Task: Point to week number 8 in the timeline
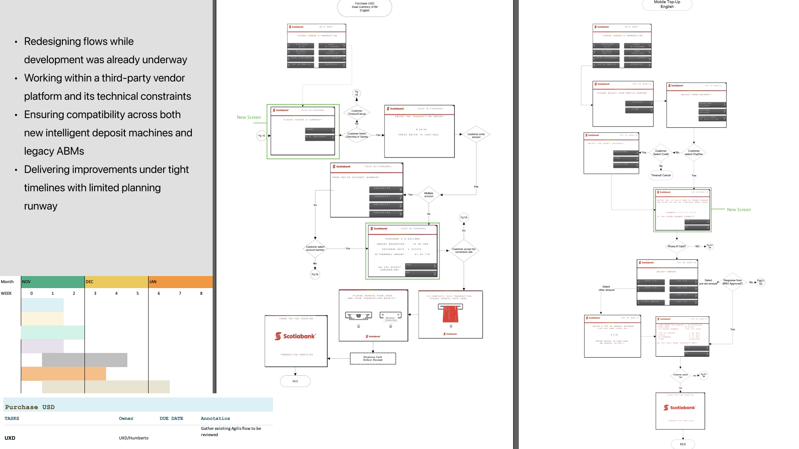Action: (201, 294)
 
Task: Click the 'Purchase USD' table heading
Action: (30, 407)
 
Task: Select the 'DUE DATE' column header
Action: (171, 419)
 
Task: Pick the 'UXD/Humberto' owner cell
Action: (134, 438)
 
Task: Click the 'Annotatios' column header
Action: (215, 419)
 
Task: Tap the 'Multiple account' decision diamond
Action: (429, 195)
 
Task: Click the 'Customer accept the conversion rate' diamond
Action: (464, 251)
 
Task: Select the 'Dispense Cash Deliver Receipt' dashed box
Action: (373, 358)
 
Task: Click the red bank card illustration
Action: (450, 314)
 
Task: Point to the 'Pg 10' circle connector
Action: (261, 136)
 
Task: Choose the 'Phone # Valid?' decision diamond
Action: (677, 247)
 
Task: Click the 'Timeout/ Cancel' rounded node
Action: (661, 175)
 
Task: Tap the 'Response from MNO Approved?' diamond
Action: (732, 282)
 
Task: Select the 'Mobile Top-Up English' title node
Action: (667, 5)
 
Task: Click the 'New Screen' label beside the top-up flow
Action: (739, 210)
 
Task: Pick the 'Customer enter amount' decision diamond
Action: (476, 134)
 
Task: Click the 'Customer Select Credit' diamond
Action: (661, 153)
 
